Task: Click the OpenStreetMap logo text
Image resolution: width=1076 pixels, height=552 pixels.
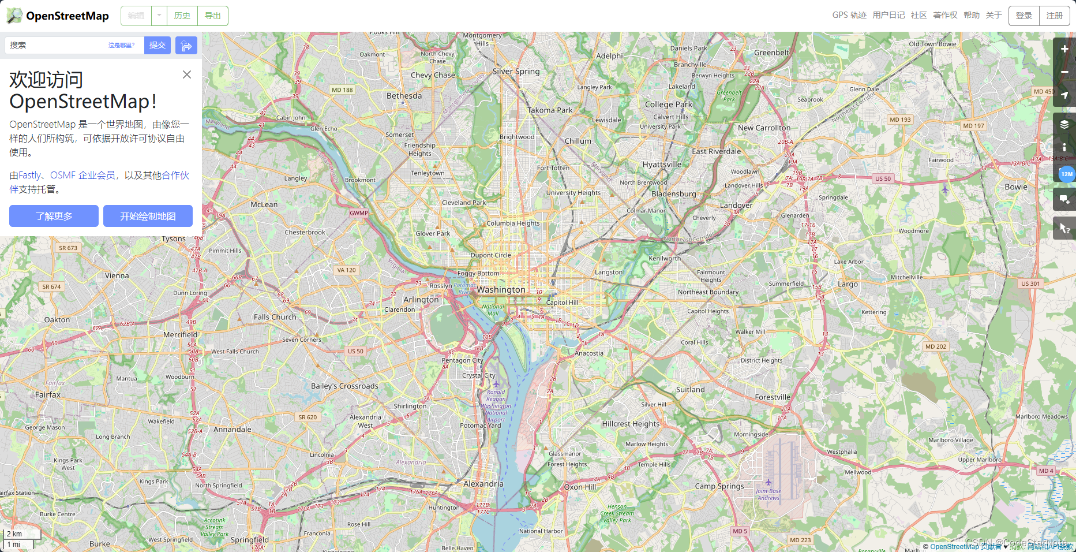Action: (67, 16)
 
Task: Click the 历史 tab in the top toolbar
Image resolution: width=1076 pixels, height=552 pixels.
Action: (182, 16)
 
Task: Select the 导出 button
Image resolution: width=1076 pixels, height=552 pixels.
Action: (212, 16)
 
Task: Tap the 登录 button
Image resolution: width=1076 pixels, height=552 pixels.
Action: (1023, 16)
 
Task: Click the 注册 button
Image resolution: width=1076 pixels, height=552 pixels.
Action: (1054, 16)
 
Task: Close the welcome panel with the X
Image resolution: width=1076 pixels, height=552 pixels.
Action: (186, 74)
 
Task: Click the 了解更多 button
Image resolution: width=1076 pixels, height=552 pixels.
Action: (54, 216)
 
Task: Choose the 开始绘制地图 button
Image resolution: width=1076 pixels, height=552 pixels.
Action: (148, 216)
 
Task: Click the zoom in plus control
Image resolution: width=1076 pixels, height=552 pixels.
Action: (1064, 49)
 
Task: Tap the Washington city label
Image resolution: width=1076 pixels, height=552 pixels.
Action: (501, 290)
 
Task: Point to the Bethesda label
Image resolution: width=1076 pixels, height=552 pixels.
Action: (404, 96)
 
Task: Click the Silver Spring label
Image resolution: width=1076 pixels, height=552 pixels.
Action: (516, 72)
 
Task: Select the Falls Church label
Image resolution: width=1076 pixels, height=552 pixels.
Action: (275, 317)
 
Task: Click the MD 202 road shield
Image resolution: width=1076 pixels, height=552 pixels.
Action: (935, 346)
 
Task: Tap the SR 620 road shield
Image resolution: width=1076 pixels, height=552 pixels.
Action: (307, 417)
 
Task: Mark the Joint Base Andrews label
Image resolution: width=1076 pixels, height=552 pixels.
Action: (768, 494)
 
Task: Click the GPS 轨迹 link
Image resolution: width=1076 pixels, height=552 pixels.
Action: (849, 15)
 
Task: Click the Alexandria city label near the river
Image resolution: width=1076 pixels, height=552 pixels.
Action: (483, 484)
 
